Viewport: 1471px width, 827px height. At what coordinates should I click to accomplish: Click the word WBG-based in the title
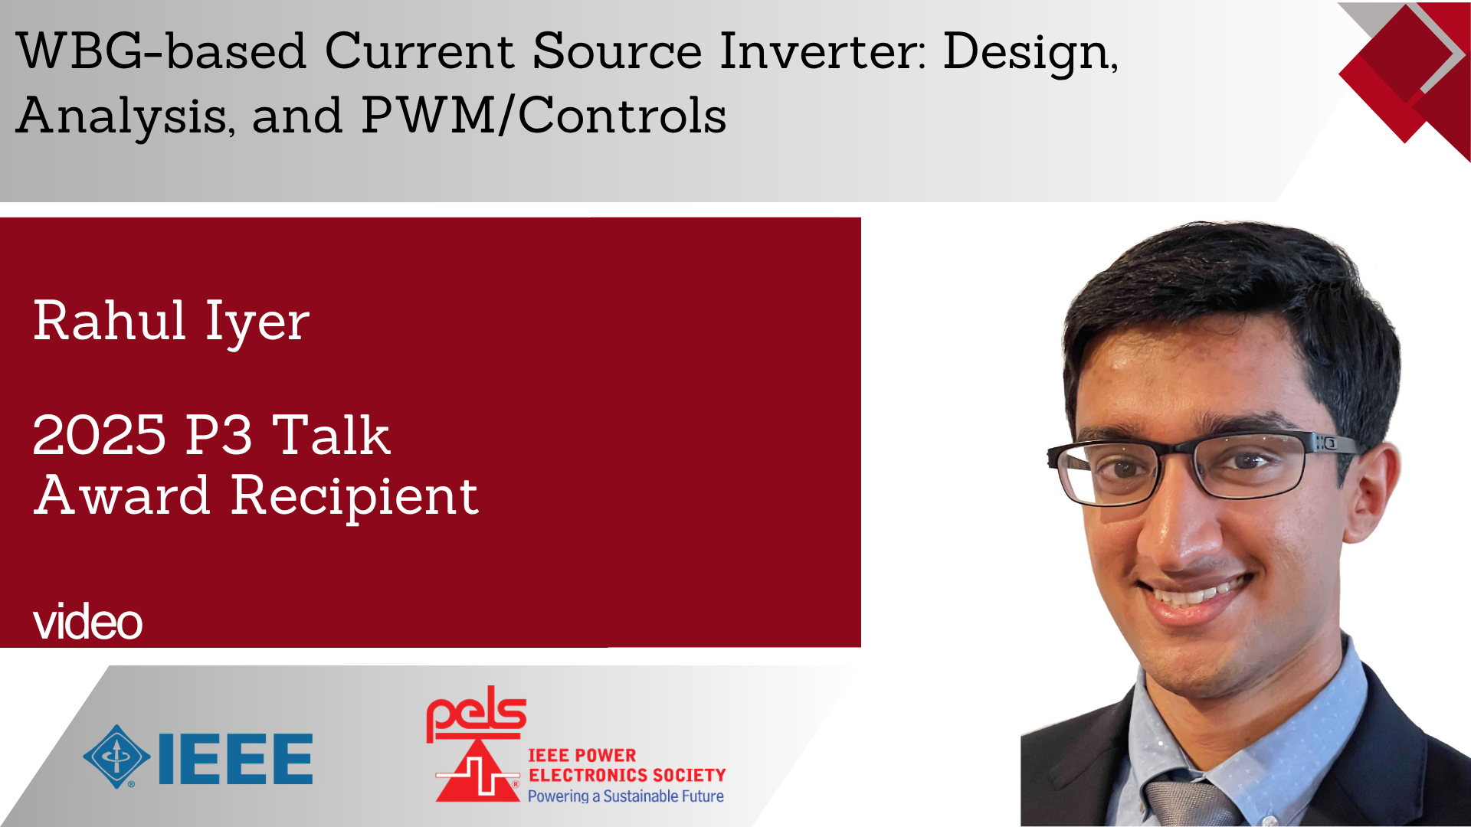click(x=161, y=51)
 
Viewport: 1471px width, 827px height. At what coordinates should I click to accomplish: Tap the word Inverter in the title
click(x=823, y=51)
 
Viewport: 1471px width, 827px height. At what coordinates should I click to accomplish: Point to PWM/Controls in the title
click(x=543, y=116)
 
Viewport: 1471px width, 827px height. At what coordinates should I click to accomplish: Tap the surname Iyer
click(x=257, y=322)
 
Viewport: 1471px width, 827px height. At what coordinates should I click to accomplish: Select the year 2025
click(x=99, y=435)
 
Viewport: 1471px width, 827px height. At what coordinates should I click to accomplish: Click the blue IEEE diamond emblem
click(x=116, y=757)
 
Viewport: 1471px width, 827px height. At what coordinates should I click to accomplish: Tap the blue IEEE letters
click(x=235, y=759)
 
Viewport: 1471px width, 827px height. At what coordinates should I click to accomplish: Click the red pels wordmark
click(x=476, y=713)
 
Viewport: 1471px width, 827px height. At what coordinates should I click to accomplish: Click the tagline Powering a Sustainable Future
click(x=625, y=796)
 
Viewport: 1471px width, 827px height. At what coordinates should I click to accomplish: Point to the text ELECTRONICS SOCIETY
click(x=627, y=775)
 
